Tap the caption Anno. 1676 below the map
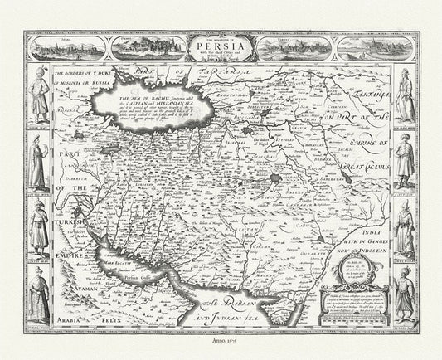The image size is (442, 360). point(221,350)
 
